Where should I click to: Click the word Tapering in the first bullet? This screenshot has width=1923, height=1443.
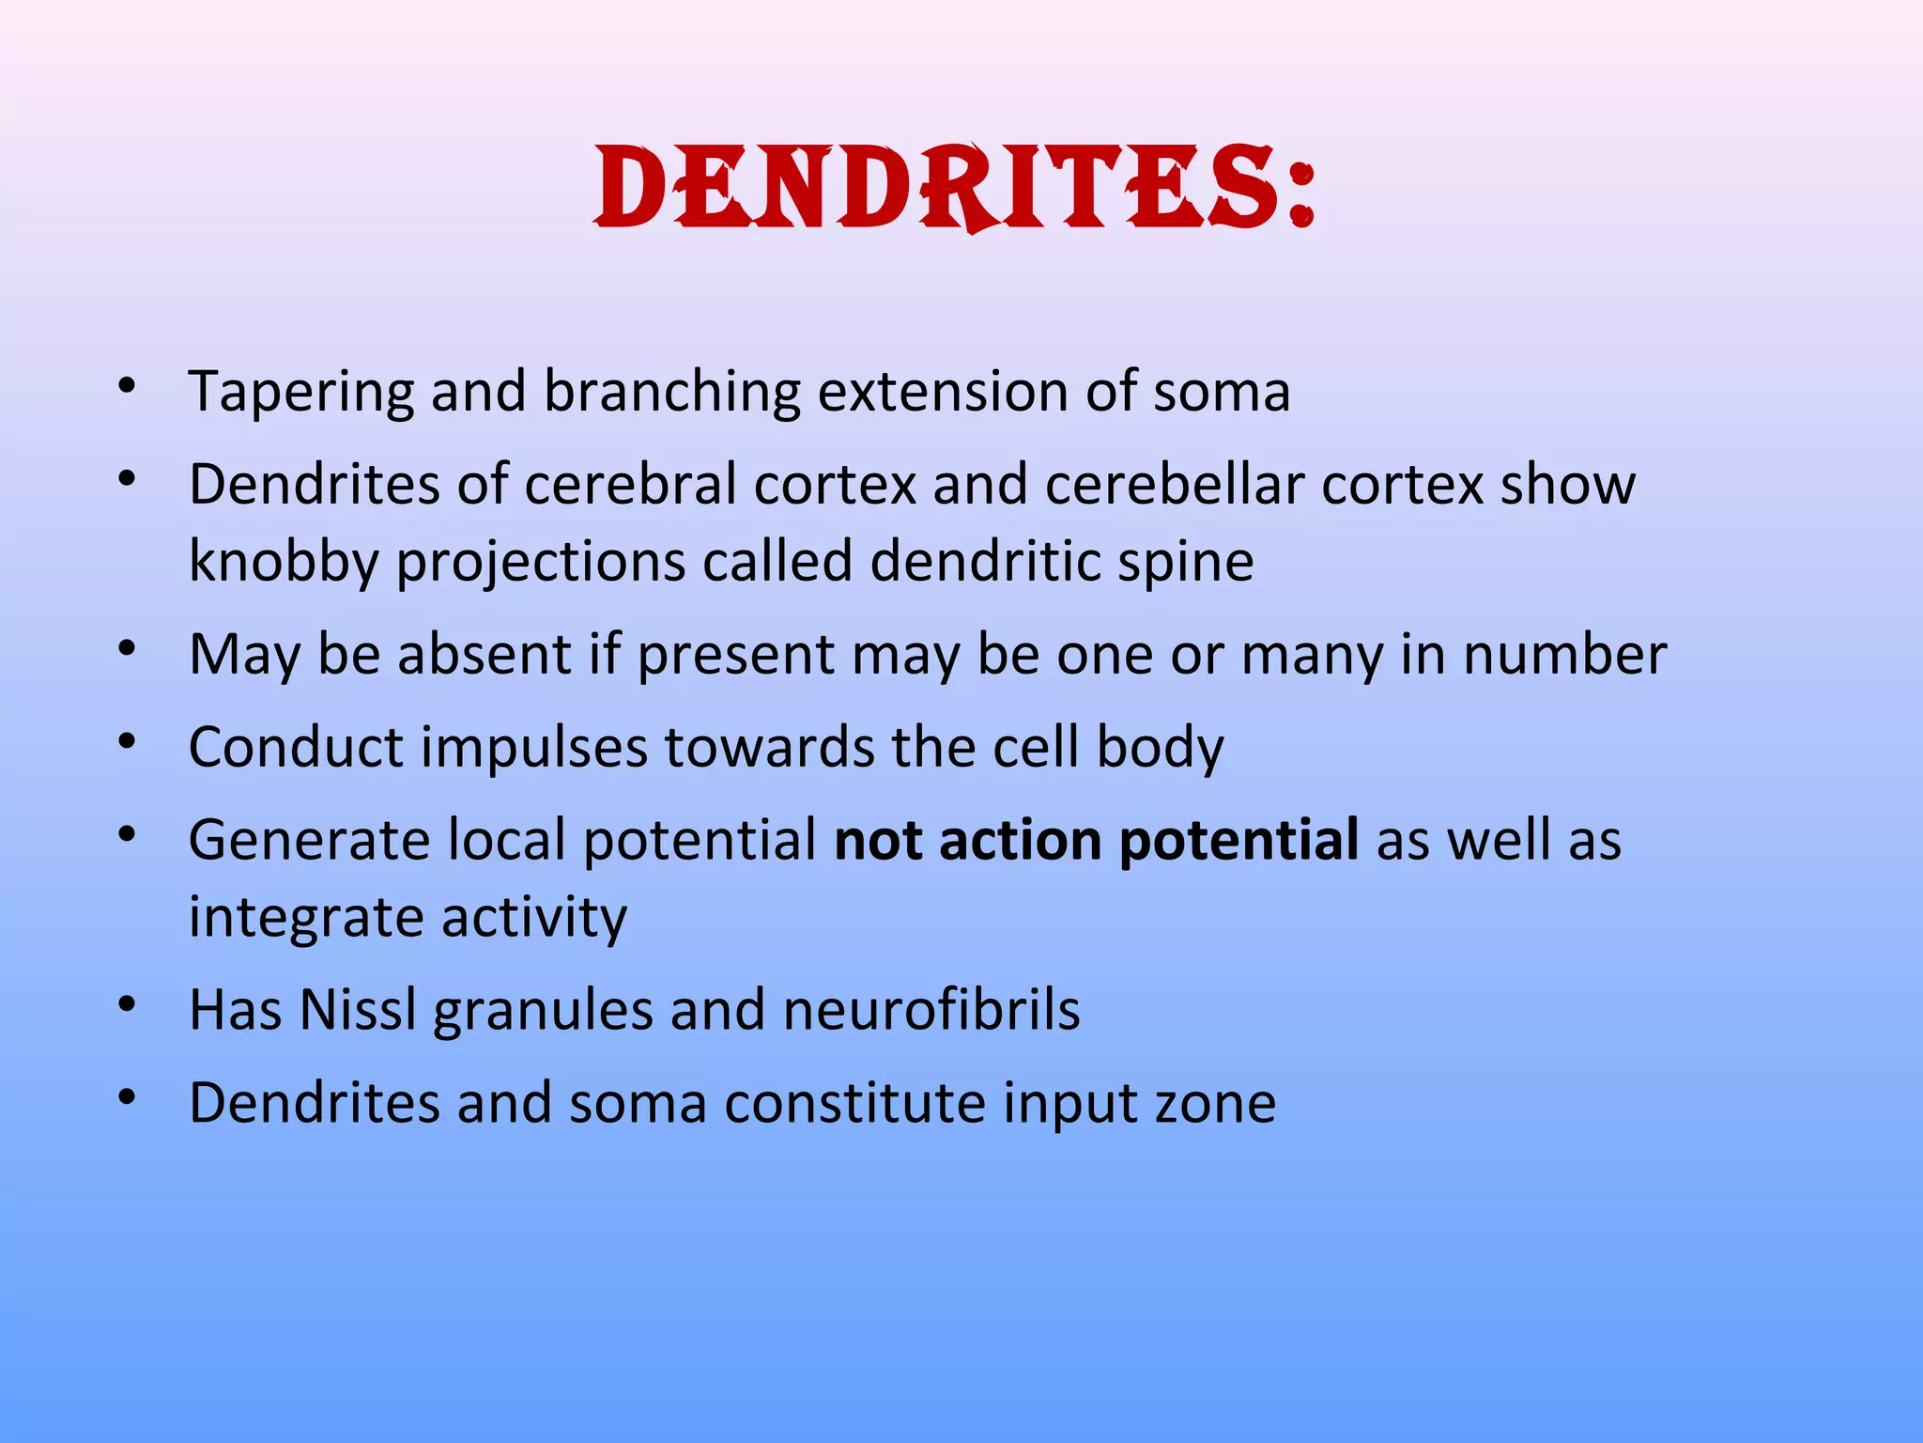(300, 393)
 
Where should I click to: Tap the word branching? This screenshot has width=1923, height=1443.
(672, 393)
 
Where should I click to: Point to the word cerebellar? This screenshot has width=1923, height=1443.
(1175, 485)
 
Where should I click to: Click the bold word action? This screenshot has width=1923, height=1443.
(1020, 840)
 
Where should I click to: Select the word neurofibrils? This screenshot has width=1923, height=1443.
(931, 1010)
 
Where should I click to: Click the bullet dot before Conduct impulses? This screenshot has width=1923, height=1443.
(128, 742)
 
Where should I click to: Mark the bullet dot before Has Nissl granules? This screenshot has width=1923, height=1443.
(128, 1005)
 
